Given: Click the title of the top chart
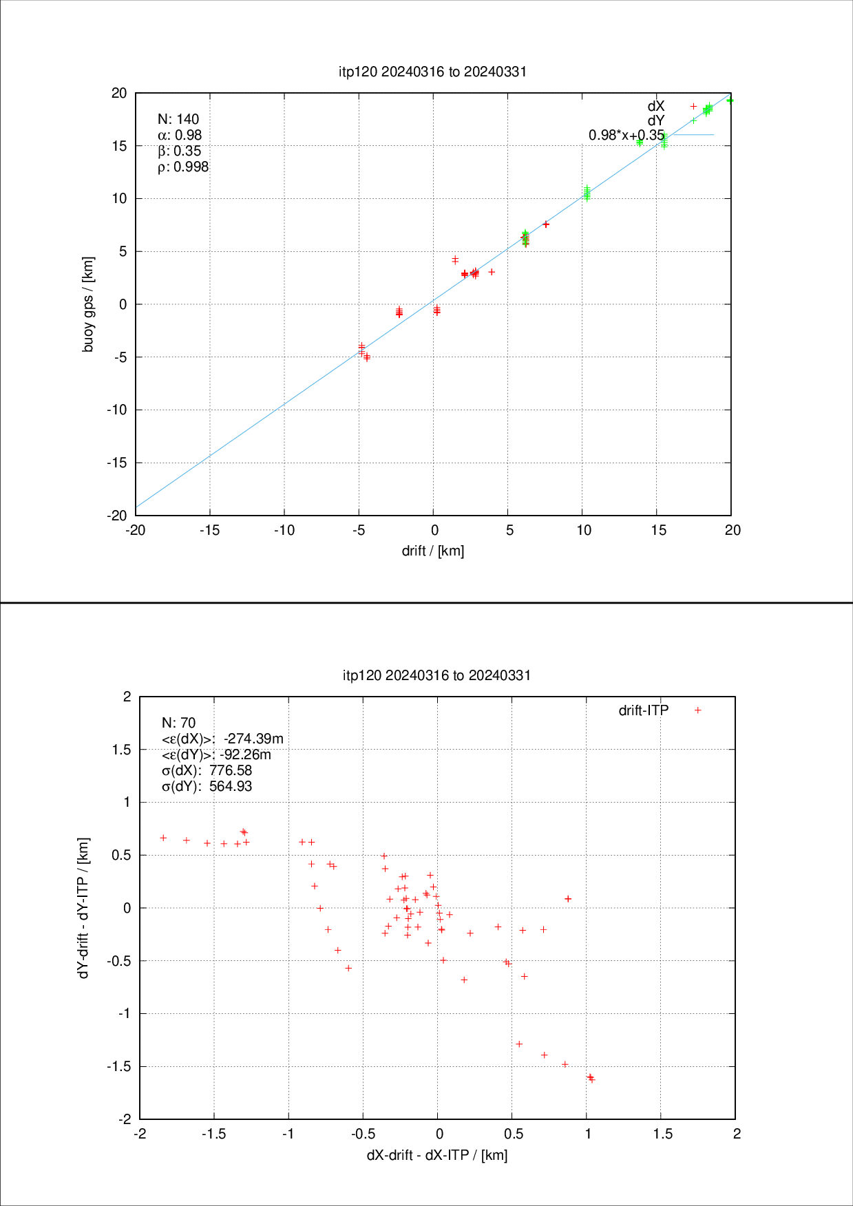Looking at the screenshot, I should coord(432,72).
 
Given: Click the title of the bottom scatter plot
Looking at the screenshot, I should coord(436,675).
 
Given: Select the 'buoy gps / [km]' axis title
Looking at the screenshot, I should coord(88,304).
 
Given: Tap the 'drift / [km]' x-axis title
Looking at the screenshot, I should coord(432,551).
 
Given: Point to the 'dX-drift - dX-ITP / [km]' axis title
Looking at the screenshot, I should coord(436,1155).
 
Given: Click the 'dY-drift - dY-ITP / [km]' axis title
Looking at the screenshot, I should coord(83,908).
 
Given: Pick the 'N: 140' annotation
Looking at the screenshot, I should coord(178,119).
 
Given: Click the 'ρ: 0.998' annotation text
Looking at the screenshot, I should coord(183,167).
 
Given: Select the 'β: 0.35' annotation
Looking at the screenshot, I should coord(180,151).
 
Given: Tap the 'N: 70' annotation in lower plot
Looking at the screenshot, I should coord(178,723).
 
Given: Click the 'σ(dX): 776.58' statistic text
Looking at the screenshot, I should coord(207,770).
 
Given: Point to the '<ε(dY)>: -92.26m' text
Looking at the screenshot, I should coord(216,754).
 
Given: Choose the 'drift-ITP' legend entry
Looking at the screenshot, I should coord(644,710).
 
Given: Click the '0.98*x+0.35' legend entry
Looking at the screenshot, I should coord(626,135).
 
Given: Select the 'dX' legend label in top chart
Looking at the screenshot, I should coord(656,106).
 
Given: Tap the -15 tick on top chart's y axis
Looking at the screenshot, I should coord(117,463).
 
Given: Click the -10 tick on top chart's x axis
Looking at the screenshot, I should coord(284,530).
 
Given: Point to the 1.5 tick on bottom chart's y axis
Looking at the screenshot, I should coord(121,750).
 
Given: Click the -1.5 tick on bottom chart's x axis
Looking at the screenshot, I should coord(213,1134).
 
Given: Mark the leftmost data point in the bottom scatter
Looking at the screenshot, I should coord(163,838).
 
